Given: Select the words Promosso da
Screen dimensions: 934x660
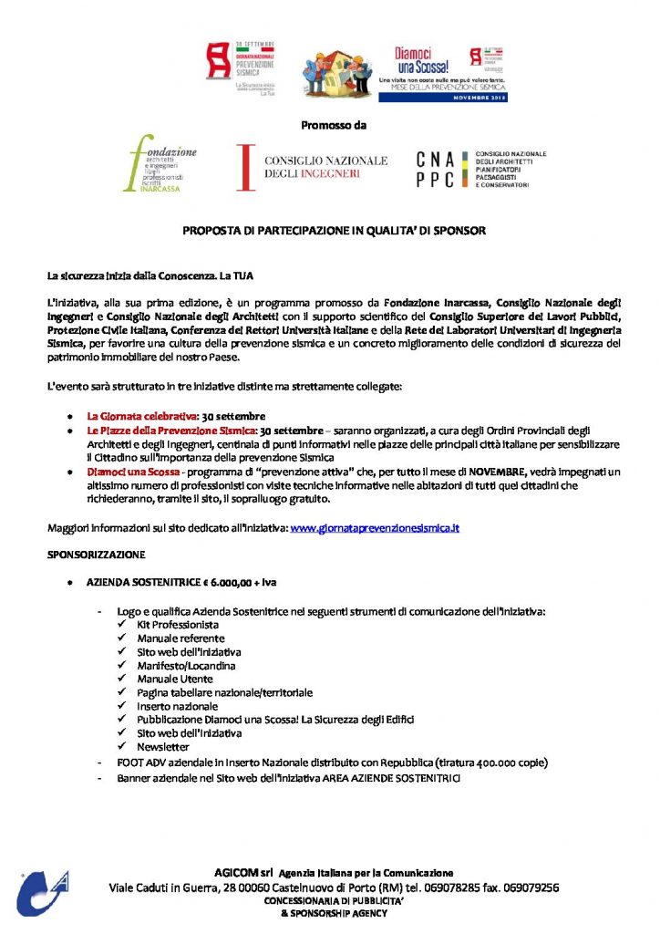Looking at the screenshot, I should pyautogui.click(x=333, y=124).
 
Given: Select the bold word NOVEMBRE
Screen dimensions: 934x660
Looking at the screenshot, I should pyautogui.click(x=500, y=472).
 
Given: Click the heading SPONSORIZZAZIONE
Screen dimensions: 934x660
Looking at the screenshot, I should pyautogui.click(x=97, y=553).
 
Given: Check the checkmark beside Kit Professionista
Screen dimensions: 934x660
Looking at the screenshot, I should pyautogui.click(x=123, y=625).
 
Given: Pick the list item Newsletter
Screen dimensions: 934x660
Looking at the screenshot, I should pyautogui.click(x=163, y=747).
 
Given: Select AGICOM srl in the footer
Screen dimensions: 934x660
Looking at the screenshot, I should pyautogui.click(x=244, y=873).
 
